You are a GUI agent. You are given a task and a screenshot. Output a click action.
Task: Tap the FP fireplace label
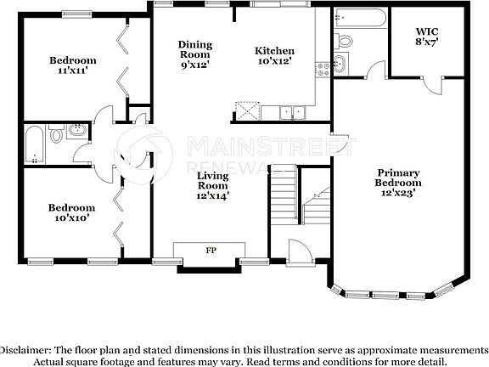pyautogui.click(x=210, y=251)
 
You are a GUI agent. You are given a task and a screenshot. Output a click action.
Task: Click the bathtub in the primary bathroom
pyautogui.click(x=360, y=17)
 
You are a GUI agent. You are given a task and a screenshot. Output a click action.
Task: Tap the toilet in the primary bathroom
pyautogui.click(x=345, y=41)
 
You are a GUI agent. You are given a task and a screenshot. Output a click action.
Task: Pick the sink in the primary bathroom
pyautogui.click(x=340, y=62)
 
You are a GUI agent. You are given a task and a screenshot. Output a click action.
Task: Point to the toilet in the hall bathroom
pyautogui.click(x=57, y=133)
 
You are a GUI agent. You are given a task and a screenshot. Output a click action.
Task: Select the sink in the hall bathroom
pyautogui.click(x=76, y=131)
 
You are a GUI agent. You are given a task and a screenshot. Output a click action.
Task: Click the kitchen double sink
pyautogui.click(x=294, y=111)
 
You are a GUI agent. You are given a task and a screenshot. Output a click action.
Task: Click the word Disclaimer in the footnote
pyautogui.click(x=25, y=350)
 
